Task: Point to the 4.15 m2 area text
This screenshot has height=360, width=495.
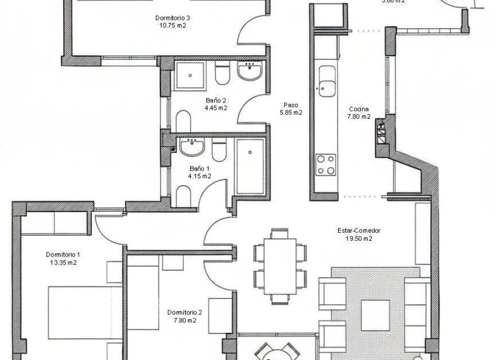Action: click(x=200, y=175)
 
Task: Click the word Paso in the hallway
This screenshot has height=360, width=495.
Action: click(x=291, y=105)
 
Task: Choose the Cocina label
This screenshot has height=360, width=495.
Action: click(x=358, y=109)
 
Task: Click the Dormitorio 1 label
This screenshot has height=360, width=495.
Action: click(x=62, y=254)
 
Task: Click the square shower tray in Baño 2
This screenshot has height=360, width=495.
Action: click(x=191, y=75)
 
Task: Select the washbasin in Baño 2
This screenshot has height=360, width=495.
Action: click(x=249, y=72)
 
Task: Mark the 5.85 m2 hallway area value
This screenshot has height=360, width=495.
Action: click(x=291, y=112)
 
